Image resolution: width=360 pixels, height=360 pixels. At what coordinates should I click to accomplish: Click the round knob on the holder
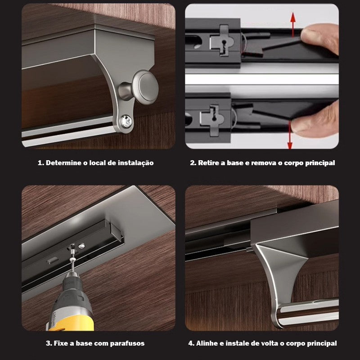coord(147,87)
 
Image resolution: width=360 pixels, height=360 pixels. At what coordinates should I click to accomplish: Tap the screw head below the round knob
coord(126,121)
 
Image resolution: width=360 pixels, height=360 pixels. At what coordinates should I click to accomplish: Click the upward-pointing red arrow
coord(293,25)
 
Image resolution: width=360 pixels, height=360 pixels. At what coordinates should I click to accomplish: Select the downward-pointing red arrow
coord(290,135)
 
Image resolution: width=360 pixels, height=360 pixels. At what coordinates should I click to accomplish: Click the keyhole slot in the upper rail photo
coord(224,43)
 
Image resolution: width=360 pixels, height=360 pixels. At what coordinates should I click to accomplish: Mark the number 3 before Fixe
coord(48,343)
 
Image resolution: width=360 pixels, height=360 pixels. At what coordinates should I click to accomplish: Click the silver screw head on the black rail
coord(81,246)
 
